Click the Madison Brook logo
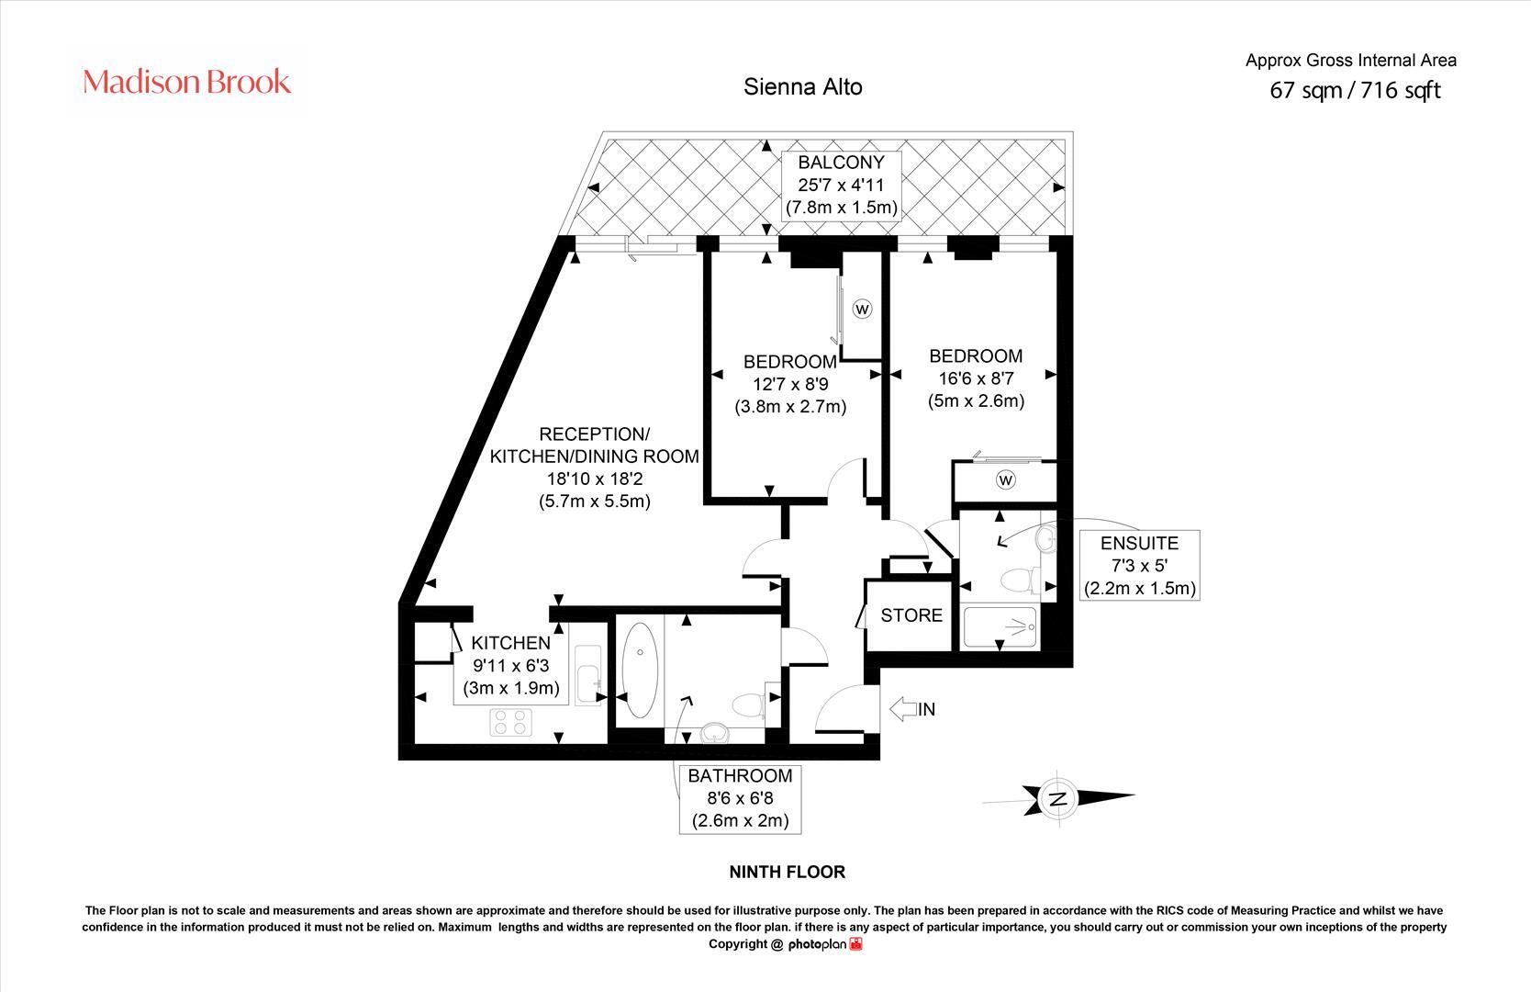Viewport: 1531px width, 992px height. (x=186, y=82)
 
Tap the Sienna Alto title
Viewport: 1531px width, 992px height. (x=802, y=87)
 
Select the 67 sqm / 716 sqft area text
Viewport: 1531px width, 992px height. (x=1355, y=90)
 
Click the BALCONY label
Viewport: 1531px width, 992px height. (x=841, y=163)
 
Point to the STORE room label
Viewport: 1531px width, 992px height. (x=911, y=615)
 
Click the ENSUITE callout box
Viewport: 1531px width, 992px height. (x=1139, y=565)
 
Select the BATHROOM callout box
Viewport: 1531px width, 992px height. (x=740, y=798)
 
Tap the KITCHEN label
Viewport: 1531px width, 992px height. (x=510, y=643)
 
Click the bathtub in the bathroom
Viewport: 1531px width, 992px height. (x=641, y=670)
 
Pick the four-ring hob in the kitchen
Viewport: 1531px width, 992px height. (x=510, y=722)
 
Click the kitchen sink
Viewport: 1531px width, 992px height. (x=587, y=675)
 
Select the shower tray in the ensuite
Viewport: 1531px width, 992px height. (x=1000, y=626)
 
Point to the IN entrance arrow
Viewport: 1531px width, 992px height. (x=903, y=709)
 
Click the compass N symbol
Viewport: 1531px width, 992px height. (x=1057, y=797)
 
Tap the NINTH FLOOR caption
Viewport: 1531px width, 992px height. (x=788, y=872)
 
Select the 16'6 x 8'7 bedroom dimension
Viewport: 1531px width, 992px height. (x=976, y=378)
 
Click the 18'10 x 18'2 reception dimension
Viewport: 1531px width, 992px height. (x=595, y=479)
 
